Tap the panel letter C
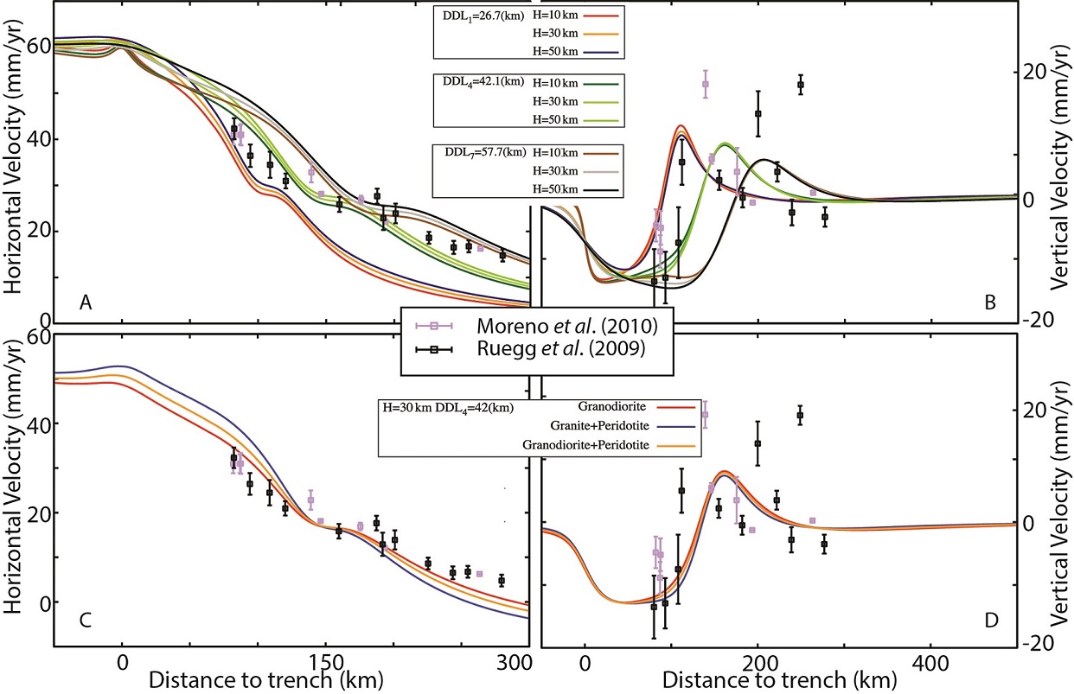[86, 619]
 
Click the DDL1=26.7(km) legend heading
[478, 16]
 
